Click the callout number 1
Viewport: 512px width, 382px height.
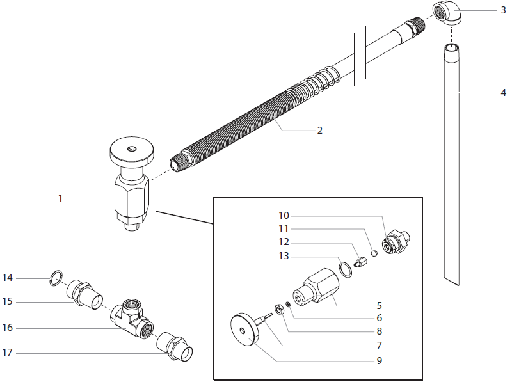61,198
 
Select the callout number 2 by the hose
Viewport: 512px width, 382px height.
319,131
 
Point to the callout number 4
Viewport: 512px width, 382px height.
504,93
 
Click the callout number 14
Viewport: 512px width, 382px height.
8,278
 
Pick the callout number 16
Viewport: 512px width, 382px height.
8,328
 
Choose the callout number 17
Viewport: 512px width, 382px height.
8,353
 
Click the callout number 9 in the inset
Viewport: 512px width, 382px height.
380,360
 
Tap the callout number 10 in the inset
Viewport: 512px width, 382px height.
284,215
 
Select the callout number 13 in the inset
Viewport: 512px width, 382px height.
284,256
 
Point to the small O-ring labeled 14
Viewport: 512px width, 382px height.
56,278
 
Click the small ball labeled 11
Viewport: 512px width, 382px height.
375,253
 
